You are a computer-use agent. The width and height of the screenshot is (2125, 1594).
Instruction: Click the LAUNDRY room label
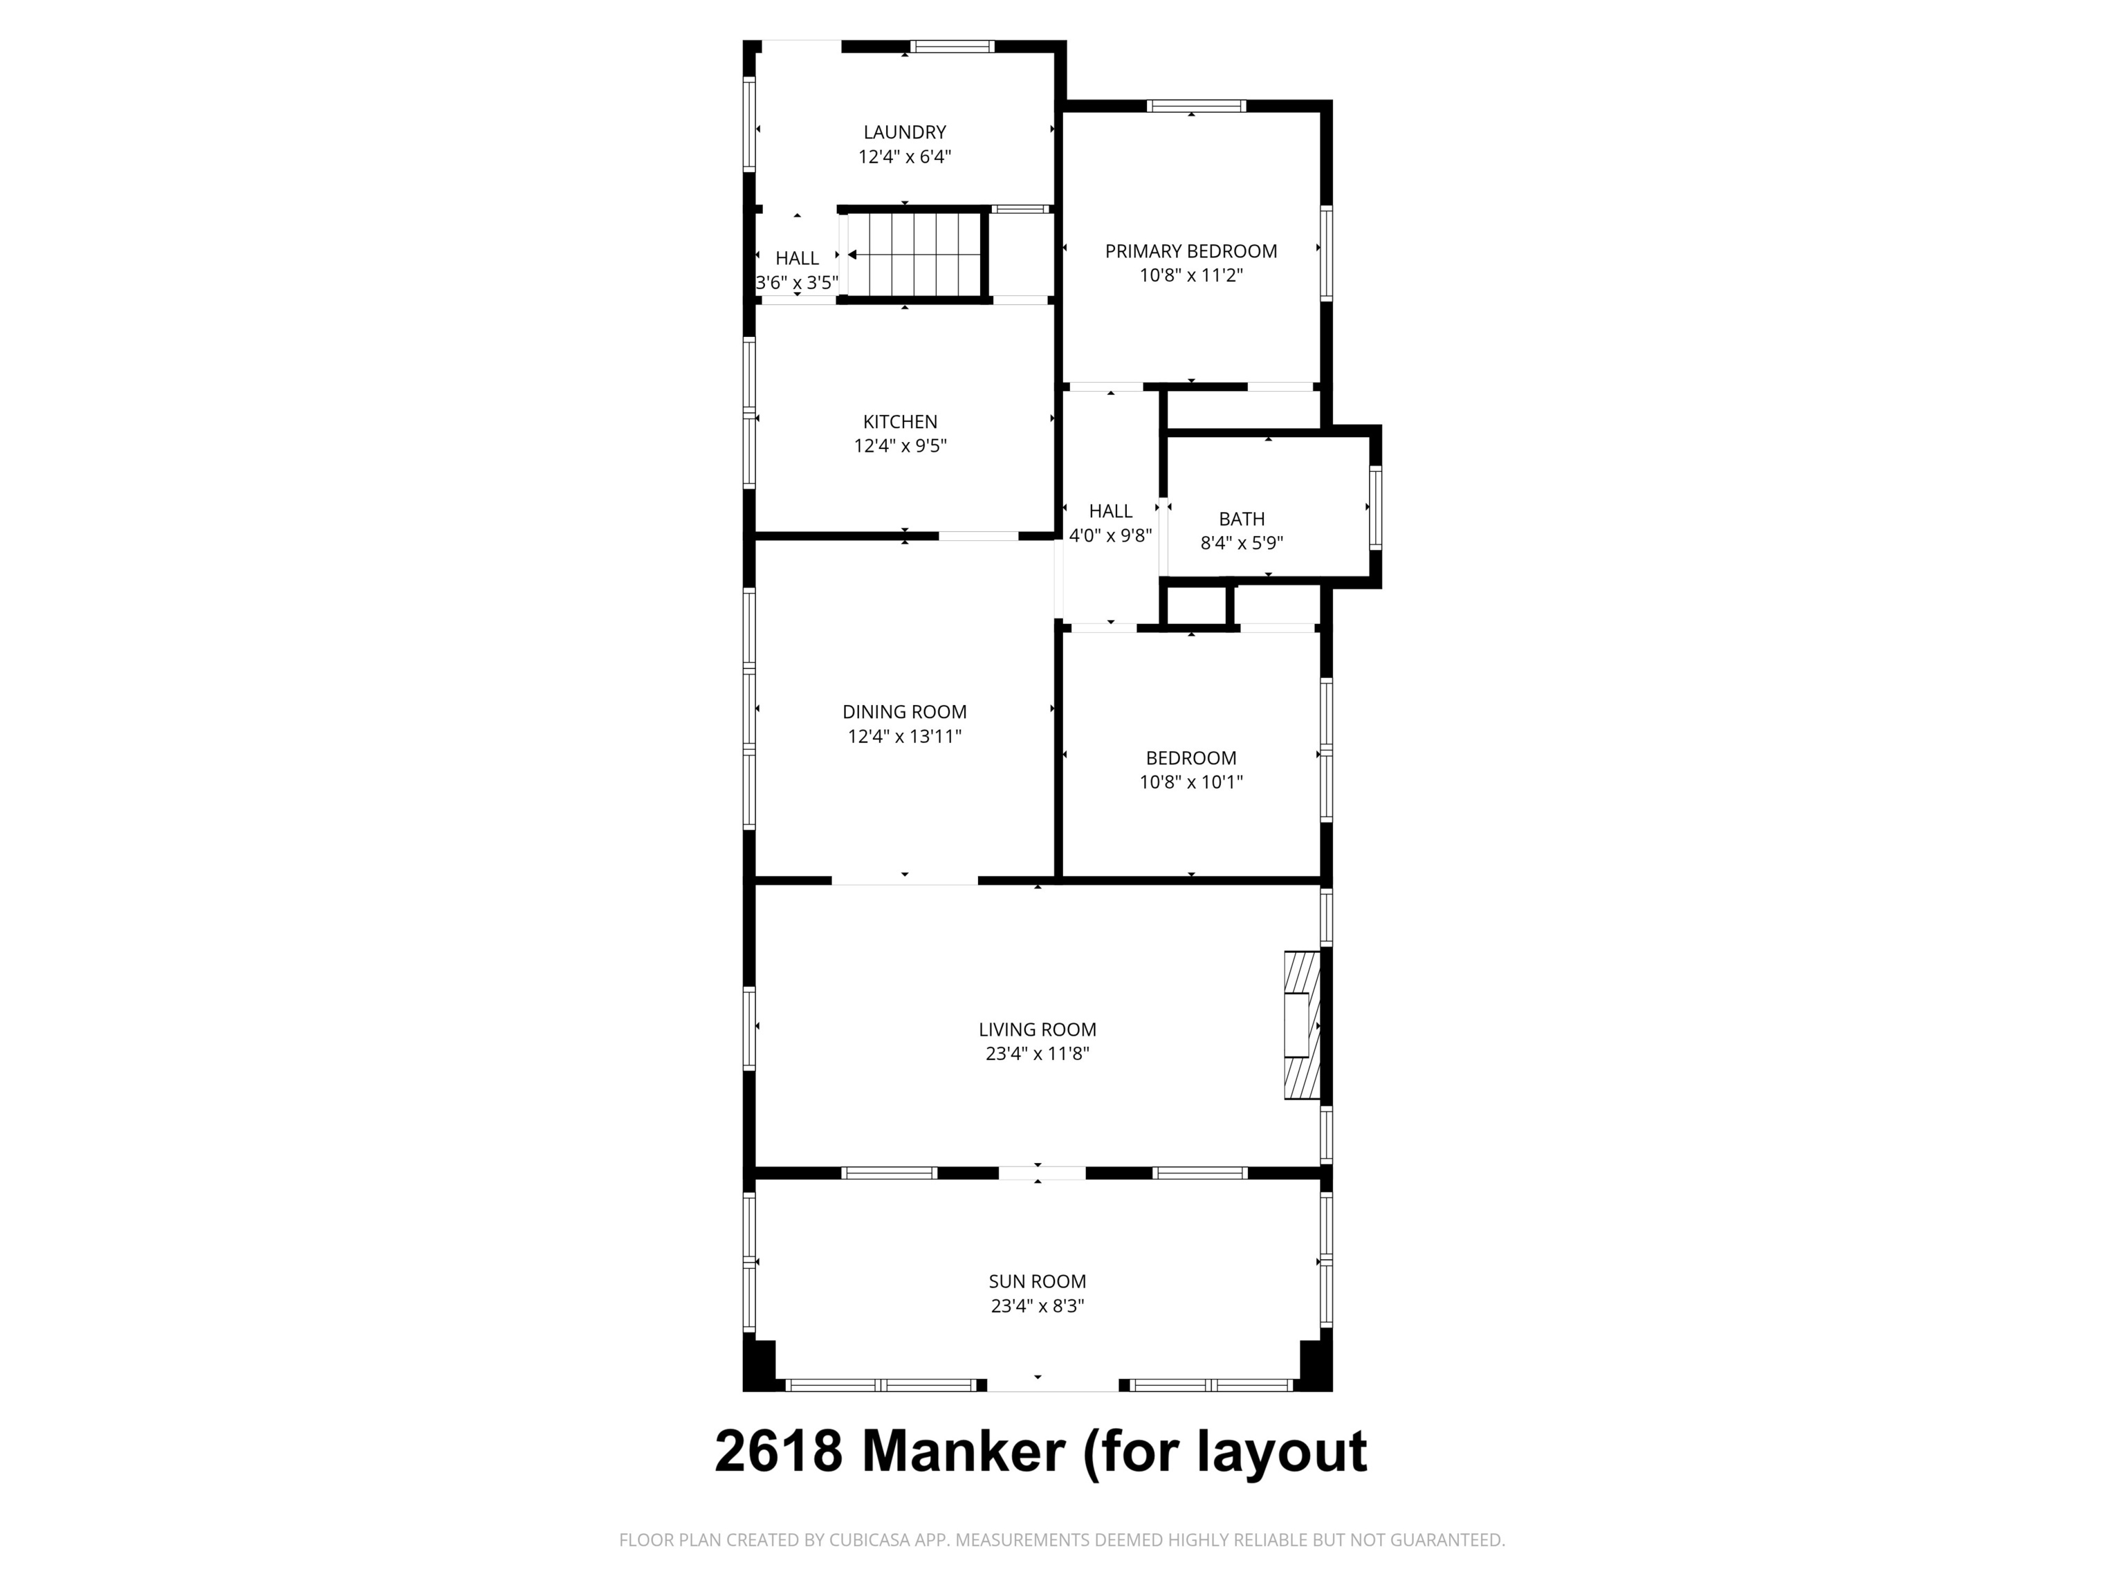pyautogui.click(x=904, y=133)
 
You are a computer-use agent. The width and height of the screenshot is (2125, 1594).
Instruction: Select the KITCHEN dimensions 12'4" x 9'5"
pyautogui.click(x=900, y=446)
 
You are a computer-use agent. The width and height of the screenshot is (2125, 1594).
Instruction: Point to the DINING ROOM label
pyautogui.click(x=904, y=712)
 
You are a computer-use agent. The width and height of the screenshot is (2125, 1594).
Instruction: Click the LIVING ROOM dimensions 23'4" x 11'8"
pyautogui.click(x=1037, y=1053)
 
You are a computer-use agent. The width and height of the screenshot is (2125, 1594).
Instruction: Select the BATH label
pyautogui.click(x=1241, y=519)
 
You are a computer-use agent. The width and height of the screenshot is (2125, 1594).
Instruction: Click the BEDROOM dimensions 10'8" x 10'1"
pyautogui.click(x=1190, y=782)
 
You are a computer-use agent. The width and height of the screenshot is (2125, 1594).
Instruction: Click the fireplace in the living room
pyautogui.click(x=1303, y=1025)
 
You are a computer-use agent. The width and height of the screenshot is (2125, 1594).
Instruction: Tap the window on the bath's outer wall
pyautogui.click(x=1374, y=506)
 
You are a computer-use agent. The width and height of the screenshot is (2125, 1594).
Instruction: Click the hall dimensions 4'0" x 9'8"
pyautogui.click(x=1110, y=536)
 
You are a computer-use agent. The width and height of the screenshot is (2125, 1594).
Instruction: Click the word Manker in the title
pyautogui.click(x=964, y=1451)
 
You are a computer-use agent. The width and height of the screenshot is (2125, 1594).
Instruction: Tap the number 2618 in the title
pyautogui.click(x=778, y=1451)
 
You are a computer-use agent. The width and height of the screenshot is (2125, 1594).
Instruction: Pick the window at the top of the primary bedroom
pyautogui.click(x=1197, y=106)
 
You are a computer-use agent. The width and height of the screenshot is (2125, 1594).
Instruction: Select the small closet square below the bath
pyautogui.click(x=1195, y=605)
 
